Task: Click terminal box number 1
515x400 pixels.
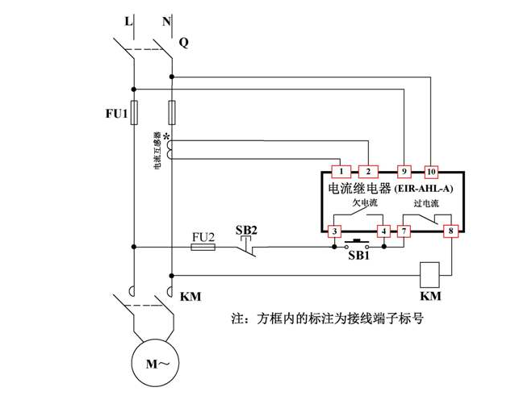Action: tap(341, 172)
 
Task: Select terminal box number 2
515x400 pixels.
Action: tap(367, 172)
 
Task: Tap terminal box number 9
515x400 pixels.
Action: tap(405, 172)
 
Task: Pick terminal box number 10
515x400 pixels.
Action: tap(431, 172)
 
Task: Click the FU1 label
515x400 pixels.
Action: tap(116, 114)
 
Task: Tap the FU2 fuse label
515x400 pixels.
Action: tap(203, 236)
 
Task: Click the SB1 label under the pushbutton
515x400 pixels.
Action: tap(358, 256)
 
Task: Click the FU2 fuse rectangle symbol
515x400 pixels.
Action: tap(203, 248)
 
